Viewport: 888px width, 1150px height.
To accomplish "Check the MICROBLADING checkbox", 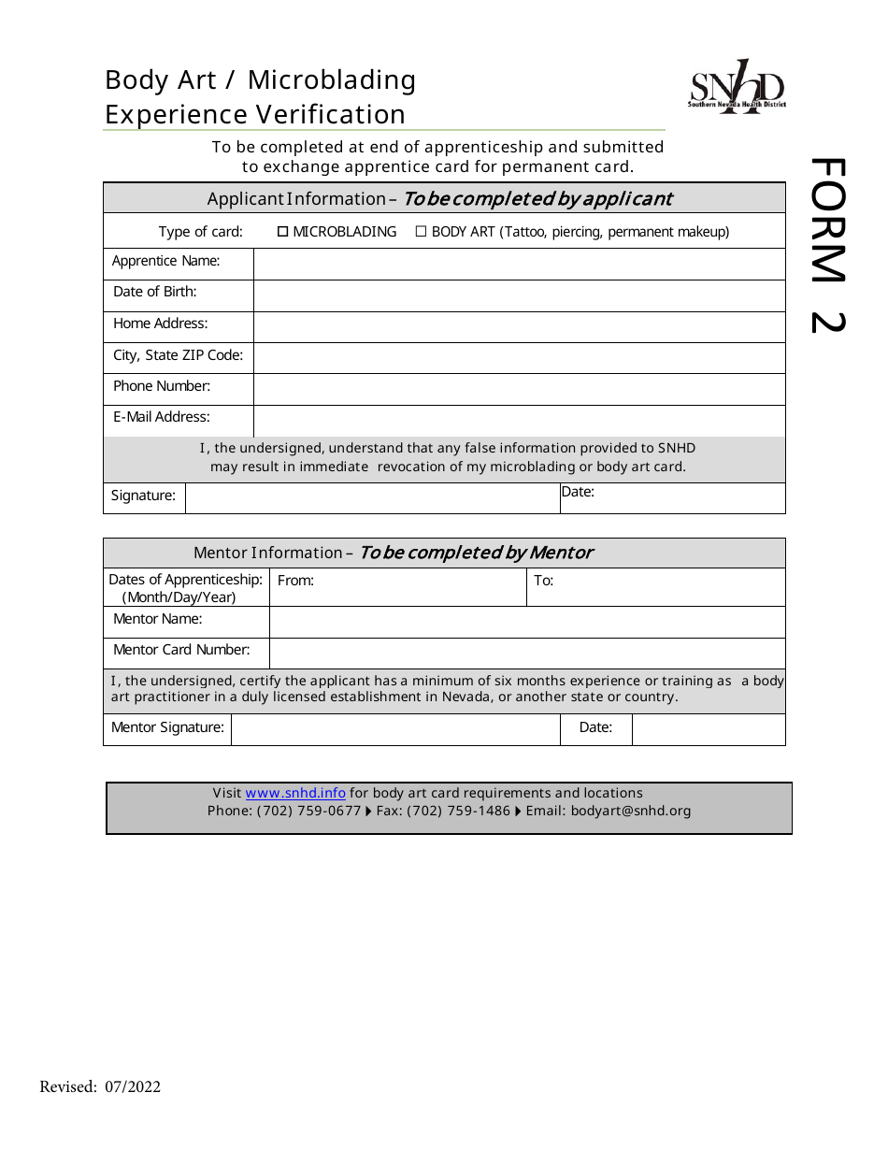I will pos(282,232).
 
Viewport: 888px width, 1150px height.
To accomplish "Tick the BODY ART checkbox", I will pos(421,232).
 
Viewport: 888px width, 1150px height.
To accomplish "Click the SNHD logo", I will pos(737,88).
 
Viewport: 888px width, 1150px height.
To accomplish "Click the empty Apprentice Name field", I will pos(519,264).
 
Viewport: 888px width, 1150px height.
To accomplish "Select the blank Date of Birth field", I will pos(519,295).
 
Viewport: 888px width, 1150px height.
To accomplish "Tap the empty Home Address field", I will pos(519,326).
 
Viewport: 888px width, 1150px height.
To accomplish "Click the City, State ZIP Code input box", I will pos(519,358).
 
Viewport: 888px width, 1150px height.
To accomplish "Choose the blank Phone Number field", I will pos(519,389).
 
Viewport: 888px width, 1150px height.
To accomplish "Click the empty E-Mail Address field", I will pos(519,421).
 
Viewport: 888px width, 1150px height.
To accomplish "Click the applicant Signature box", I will pos(372,498).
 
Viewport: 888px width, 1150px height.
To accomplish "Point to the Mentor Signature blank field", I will pos(394,729).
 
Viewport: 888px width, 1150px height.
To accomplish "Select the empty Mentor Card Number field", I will pos(527,653).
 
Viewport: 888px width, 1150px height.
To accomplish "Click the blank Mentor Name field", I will pos(527,622).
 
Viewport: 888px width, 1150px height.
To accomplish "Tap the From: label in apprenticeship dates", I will pos(295,581).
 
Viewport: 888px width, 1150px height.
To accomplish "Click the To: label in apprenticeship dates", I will pos(543,581).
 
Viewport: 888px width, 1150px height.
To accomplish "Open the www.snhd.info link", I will pos(295,793).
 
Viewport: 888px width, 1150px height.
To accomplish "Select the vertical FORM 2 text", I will pos(826,245).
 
